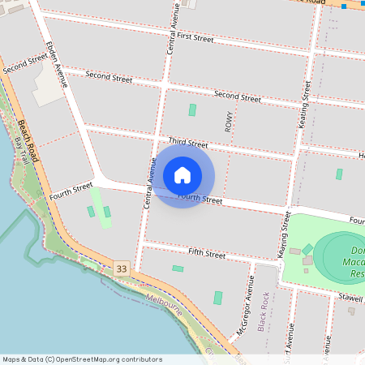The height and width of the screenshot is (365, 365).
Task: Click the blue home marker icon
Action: point(182,174)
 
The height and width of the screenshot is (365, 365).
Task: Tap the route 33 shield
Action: point(122,268)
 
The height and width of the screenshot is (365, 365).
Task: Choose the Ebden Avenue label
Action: point(57,64)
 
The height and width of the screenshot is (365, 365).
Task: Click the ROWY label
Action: point(229,122)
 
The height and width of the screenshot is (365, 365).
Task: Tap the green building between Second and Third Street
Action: point(192,109)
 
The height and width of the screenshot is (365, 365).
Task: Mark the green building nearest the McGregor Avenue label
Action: point(217,298)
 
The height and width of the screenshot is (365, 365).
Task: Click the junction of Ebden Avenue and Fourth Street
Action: point(97,181)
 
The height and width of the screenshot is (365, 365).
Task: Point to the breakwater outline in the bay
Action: point(28,243)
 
